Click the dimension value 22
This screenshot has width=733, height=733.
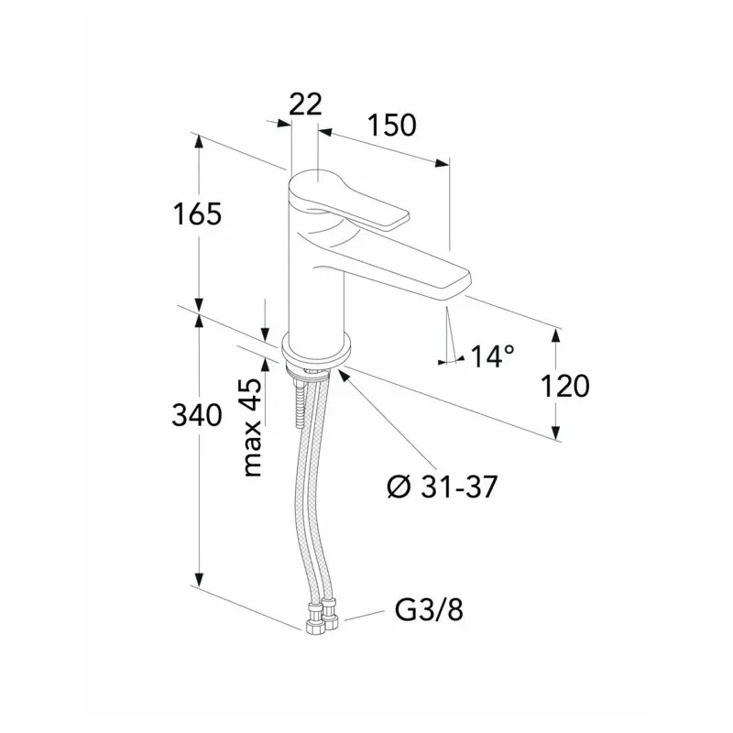click(x=305, y=104)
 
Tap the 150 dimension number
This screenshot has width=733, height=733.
click(x=391, y=126)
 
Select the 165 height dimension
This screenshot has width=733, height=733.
click(x=197, y=214)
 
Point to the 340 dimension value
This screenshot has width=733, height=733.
click(x=196, y=415)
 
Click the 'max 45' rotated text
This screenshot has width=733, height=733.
click(x=253, y=427)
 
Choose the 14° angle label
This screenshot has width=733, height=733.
click(x=492, y=356)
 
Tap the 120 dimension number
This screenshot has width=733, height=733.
click(x=564, y=386)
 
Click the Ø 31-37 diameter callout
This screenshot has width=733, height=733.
click(x=443, y=487)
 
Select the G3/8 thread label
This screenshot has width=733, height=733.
click(x=429, y=610)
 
